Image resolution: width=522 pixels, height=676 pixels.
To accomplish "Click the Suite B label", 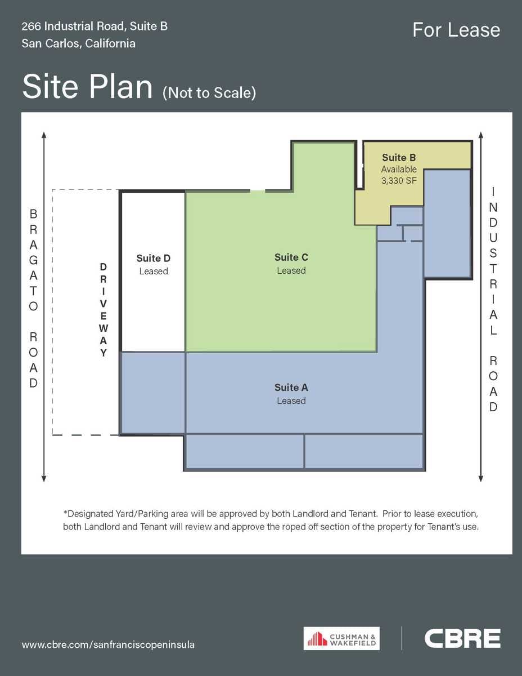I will pyautogui.click(x=399, y=158).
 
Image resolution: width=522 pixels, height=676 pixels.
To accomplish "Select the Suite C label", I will pyautogui.click(x=291, y=257).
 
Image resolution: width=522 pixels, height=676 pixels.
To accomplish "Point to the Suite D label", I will pyautogui.click(x=154, y=259).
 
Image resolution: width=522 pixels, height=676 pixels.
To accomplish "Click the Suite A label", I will pyautogui.click(x=291, y=388).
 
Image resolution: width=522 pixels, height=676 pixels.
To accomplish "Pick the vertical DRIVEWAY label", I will pyautogui.click(x=103, y=309).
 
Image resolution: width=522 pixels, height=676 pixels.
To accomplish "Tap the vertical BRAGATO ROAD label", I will pyautogui.click(x=34, y=299).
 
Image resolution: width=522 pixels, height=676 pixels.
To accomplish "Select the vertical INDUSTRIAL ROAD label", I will pyautogui.click(x=493, y=299).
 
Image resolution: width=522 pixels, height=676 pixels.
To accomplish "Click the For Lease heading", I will pyautogui.click(x=456, y=30).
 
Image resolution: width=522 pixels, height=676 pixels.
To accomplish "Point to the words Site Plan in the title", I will pyautogui.click(x=88, y=87).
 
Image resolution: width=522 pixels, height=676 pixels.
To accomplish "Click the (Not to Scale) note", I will pyautogui.click(x=209, y=93).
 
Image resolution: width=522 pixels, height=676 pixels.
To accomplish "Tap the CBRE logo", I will pyautogui.click(x=462, y=638).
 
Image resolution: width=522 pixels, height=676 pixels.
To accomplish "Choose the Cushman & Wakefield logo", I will pyautogui.click(x=341, y=638).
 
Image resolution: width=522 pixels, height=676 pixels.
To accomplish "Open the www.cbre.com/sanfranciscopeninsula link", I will pyautogui.click(x=108, y=644).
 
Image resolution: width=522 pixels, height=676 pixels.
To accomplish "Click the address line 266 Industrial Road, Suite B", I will pyautogui.click(x=94, y=26).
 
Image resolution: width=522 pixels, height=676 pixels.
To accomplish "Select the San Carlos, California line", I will pyautogui.click(x=79, y=43).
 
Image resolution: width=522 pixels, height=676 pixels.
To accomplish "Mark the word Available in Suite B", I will pyautogui.click(x=399, y=169).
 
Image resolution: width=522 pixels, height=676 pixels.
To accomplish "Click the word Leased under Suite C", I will pyautogui.click(x=291, y=270).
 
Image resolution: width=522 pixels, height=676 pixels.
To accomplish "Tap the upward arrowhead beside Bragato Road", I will pyautogui.click(x=44, y=135).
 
